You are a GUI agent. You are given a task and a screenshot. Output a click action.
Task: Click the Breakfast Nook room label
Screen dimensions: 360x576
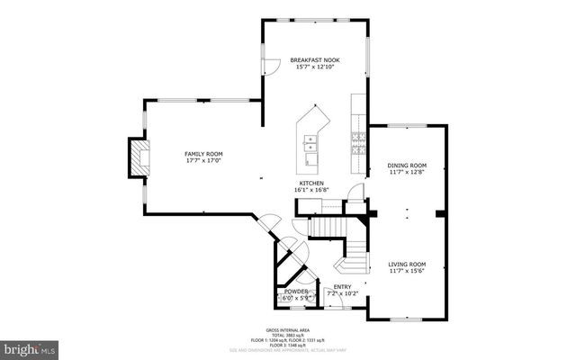click(314, 60)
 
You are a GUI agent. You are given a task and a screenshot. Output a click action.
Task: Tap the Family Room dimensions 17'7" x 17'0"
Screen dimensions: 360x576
click(203, 161)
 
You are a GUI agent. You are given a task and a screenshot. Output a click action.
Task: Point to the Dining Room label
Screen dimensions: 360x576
click(407, 166)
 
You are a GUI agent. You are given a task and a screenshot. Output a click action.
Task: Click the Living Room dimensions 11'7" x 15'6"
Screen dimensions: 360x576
click(407, 270)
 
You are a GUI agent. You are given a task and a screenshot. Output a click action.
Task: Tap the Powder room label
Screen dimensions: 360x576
click(296, 292)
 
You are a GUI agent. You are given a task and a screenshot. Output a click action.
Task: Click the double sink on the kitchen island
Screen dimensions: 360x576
click(310, 141)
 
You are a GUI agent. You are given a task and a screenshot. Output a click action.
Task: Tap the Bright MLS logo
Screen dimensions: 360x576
click(29, 346)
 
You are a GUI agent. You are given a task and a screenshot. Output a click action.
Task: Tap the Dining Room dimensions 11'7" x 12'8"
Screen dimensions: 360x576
click(407, 173)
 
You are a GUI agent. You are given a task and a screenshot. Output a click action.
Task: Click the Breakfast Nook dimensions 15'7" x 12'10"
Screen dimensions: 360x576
click(314, 67)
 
